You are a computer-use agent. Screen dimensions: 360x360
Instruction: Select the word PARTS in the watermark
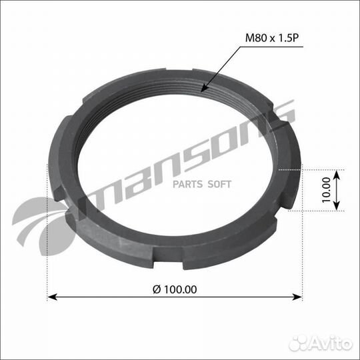click(189, 184)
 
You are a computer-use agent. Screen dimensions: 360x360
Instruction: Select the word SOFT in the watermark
click(220, 184)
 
